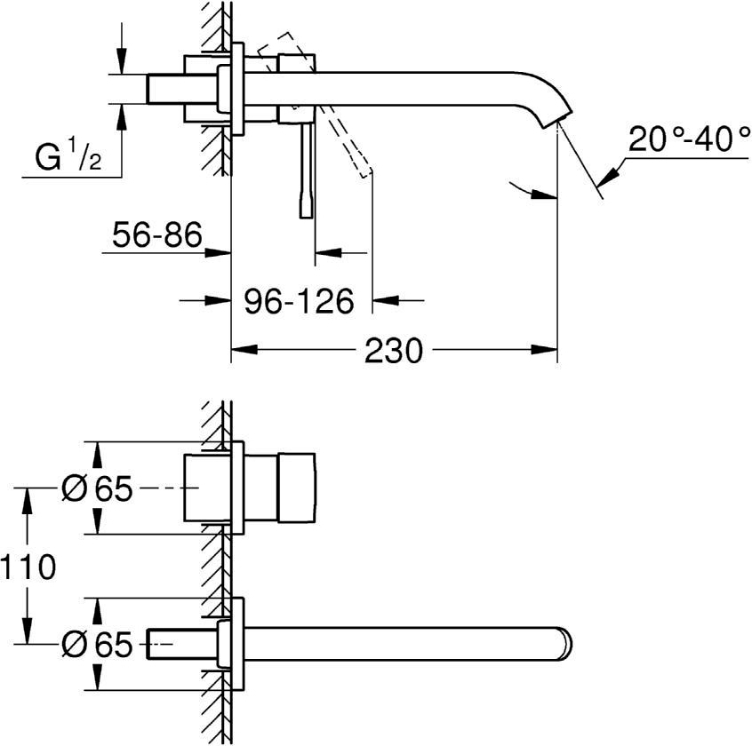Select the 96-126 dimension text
[x=299, y=300]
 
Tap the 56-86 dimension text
[x=157, y=236]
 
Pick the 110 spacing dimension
[x=28, y=566]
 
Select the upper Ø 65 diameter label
[x=97, y=488]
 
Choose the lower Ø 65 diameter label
[x=97, y=644]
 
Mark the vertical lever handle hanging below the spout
[x=307, y=169]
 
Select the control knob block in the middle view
[x=297, y=488]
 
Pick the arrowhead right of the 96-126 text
[x=382, y=300]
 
